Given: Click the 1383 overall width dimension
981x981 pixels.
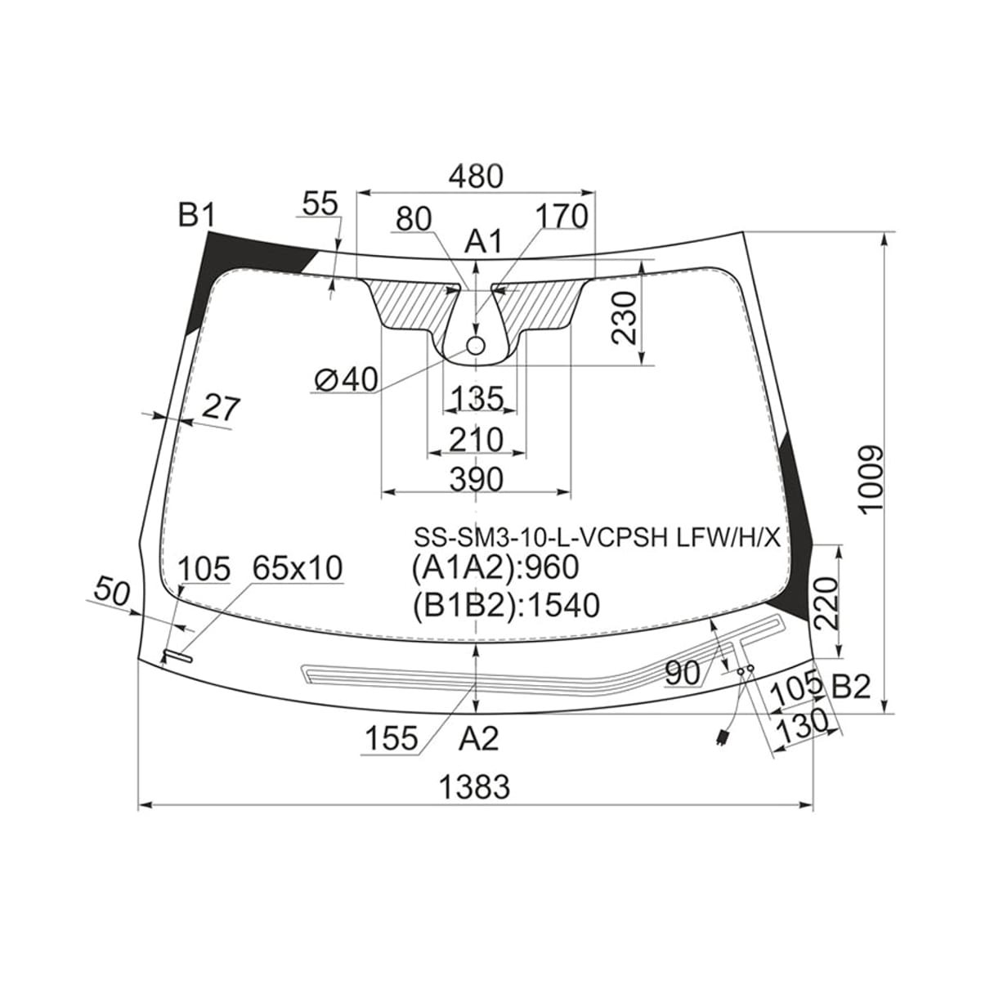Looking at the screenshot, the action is [x=474, y=786].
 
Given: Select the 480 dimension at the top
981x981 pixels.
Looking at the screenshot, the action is [x=476, y=176].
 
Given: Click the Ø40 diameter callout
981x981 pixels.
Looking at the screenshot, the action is [x=346, y=379].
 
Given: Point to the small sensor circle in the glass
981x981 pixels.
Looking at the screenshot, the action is [x=476, y=346].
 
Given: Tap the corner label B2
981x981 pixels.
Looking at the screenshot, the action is [x=851, y=688].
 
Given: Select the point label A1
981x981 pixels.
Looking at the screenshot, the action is [x=483, y=241].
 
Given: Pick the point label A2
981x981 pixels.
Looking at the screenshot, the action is [x=478, y=738].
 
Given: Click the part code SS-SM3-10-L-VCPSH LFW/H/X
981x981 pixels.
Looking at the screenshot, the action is [x=597, y=536].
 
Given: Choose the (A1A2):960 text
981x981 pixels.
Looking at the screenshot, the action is [x=495, y=567].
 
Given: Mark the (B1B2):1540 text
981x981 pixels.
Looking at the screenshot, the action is [x=505, y=605].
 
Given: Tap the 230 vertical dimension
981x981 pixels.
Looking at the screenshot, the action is [x=625, y=319].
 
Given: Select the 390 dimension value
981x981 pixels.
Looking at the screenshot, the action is [x=476, y=478].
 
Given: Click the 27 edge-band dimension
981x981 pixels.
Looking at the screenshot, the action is [x=221, y=408].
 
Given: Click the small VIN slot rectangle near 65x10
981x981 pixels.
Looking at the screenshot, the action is [x=177, y=656].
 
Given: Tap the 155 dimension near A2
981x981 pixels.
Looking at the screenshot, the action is [x=392, y=738].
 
